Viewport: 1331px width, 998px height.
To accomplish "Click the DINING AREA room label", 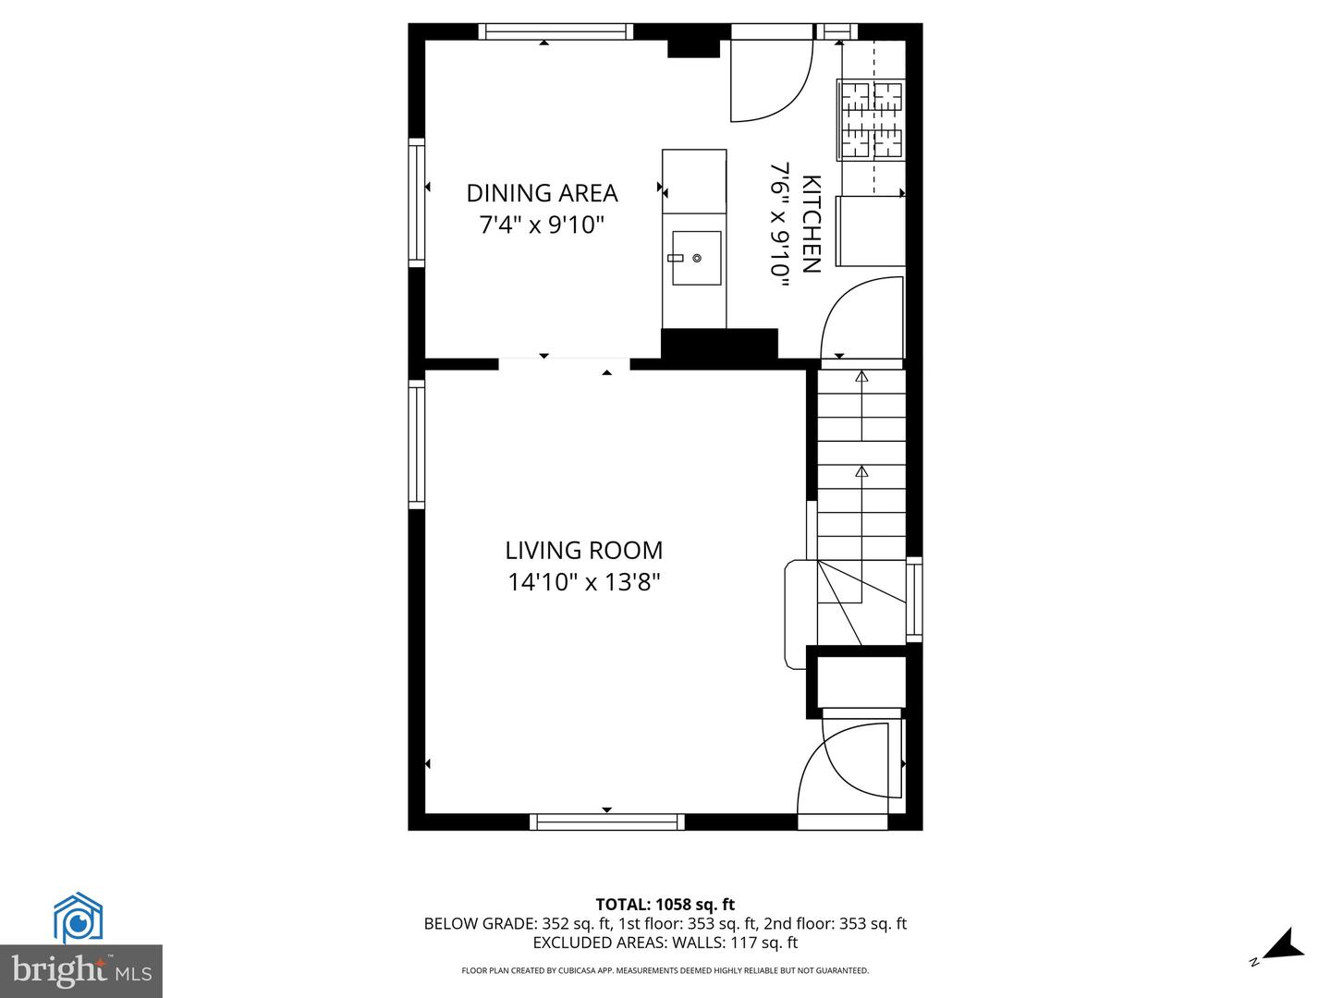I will [542, 193].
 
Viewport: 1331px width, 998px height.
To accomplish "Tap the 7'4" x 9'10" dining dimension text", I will [542, 225].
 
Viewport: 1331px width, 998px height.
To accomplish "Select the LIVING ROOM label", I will [583, 551].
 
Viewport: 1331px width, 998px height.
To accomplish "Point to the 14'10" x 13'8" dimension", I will [583, 582].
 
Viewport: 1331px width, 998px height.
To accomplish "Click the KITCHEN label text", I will [811, 224].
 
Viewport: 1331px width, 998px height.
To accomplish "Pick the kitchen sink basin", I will [696, 259].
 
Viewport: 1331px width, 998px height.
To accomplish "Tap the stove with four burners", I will [871, 120].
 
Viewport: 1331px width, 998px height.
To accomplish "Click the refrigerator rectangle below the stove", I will [870, 231].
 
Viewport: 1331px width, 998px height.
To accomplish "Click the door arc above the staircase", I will [860, 319].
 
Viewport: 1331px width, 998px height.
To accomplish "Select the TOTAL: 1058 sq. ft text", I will [665, 905].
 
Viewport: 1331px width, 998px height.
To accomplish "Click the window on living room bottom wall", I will [607, 822].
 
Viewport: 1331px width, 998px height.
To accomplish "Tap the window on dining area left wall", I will [417, 202].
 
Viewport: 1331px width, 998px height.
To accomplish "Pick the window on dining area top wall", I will [556, 31].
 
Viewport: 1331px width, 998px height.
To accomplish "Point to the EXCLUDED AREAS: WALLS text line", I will [665, 943].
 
